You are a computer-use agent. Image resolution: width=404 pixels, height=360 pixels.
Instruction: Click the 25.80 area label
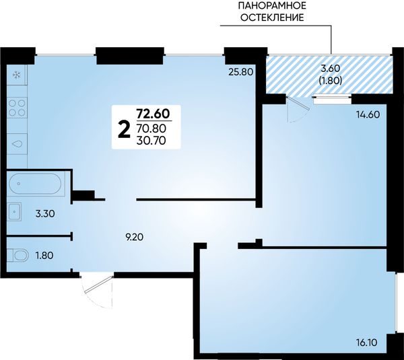(x=241, y=71)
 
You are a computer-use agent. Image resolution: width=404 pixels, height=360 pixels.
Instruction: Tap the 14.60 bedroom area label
(x=368, y=114)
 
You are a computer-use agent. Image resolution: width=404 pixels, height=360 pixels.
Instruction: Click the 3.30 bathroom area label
(x=45, y=214)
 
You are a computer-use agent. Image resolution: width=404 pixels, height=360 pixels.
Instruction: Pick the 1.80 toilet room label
(x=44, y=256)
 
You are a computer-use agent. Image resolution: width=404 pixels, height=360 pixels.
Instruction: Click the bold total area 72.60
(x=153, y=113)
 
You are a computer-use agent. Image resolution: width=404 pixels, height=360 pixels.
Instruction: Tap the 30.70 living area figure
(x=151, y=141)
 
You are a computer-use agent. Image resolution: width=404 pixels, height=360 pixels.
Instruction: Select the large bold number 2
(x=124, y=130)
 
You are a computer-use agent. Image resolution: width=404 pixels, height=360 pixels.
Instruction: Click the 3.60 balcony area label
(x=331, y=69)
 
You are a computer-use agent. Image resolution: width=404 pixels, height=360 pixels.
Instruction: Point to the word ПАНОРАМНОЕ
(x=272, y=5)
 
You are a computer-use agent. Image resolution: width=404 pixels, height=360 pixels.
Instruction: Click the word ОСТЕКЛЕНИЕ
(x=272, y=17)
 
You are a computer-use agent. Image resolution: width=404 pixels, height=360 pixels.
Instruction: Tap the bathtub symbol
(x=35, y=184)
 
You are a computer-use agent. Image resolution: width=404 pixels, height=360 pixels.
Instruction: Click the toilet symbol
(x=18, y=256)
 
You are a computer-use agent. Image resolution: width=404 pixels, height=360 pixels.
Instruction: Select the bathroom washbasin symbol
(x=14, y=212)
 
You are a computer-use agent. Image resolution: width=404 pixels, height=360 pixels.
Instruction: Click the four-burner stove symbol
(x=18, y=108)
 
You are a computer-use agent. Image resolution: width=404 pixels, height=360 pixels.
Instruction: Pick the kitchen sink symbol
(x=18, y=144)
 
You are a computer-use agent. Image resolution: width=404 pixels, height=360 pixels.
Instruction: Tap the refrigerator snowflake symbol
(x=18, y=75)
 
